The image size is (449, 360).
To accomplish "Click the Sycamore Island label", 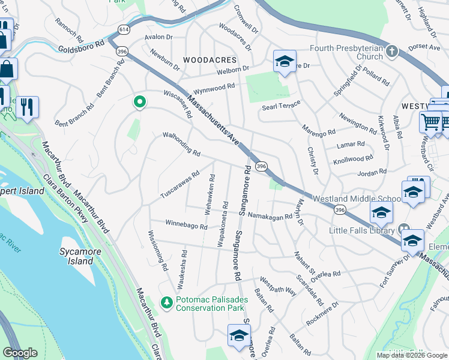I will pos(76,256).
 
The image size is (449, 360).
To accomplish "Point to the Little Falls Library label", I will pos(362,230).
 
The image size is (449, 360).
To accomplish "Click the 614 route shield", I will pos(124,29).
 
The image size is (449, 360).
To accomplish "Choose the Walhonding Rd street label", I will pos(181,145).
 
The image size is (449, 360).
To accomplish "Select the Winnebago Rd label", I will pos(187,224).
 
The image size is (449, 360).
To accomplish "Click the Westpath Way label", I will pos(278,286).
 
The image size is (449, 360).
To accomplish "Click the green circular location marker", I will pos(140,103).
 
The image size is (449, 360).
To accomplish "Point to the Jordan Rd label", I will pos(372,173).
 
